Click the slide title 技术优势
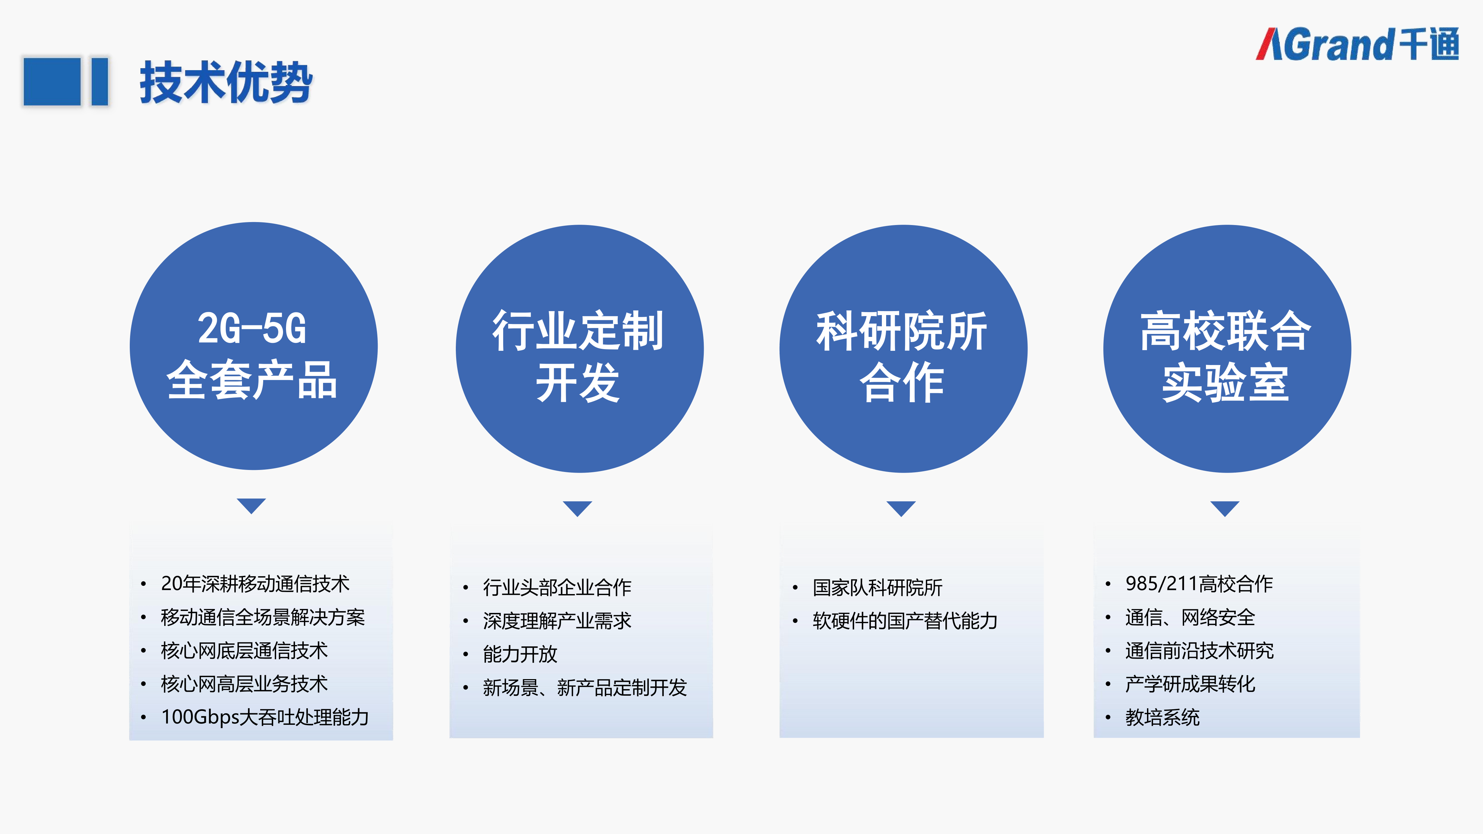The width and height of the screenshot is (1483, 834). (226, 82)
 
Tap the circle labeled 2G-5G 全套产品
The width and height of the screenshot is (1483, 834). (253, 346)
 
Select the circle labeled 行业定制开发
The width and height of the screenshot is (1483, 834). (579, 349)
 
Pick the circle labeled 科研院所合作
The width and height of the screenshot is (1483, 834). (903, 349)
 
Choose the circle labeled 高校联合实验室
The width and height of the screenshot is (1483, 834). (1226, 349)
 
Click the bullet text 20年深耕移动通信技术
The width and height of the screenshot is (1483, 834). (255, 583)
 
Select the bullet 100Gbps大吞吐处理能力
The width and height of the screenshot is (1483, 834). (265, 717)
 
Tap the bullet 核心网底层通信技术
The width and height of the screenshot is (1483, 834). (244, 650)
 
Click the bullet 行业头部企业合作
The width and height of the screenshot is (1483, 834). (557, 587)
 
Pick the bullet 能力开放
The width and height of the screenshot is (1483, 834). (520, 654)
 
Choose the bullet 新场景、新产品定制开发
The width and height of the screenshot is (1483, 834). (584, 687)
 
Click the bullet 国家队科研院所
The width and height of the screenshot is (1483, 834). (877, 587)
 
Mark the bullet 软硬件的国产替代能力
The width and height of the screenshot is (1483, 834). (904, 621)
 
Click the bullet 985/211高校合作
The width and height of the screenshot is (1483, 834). (1199, 583)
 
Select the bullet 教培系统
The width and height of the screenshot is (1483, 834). (1162, 717)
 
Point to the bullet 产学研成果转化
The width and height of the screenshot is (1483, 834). (1190, 684)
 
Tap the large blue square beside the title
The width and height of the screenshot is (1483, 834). (52, 81)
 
